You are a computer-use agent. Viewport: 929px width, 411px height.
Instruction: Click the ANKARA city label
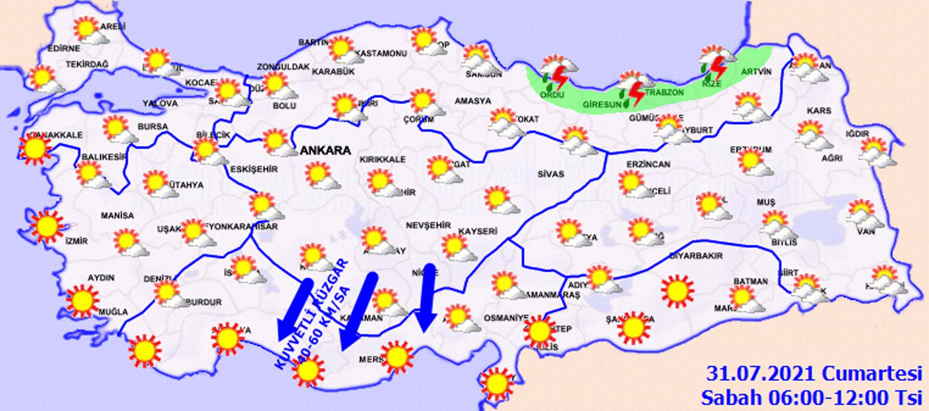coord(325,151)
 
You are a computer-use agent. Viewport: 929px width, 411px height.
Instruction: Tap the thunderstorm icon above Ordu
coord(558,73)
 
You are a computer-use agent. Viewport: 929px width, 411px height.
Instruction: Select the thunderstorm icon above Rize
coord(716,64)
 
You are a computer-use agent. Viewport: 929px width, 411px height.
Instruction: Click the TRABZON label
coord(664,92)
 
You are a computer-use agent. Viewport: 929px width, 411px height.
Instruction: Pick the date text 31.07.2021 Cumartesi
coord(813,374)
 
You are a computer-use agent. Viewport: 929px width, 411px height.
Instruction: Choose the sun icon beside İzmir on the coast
coord(47,226)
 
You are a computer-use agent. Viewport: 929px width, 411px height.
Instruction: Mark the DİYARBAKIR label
coord(696,256)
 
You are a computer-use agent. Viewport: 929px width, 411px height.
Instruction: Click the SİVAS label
coord(551,174)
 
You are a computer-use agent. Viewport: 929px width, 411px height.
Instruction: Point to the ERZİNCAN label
coord(648,165)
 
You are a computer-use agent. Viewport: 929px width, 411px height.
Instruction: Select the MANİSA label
coord(117,215)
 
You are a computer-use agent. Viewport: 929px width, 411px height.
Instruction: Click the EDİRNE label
coord(63,48)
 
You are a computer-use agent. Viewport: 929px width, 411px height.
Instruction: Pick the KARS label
coord(819,111)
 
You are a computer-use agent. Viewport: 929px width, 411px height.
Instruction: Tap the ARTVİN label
coord(756,72)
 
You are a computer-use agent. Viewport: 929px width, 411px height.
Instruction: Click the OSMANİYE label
coord(506,318)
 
